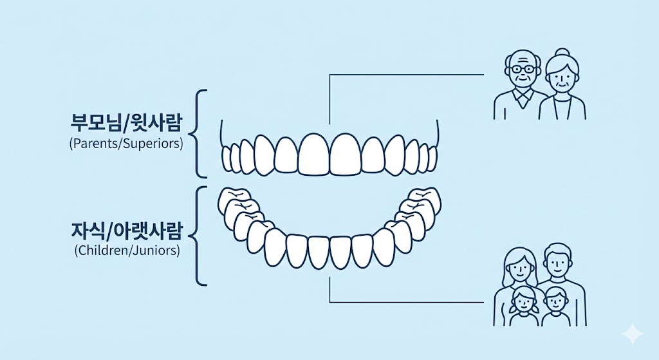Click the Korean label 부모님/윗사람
pos(125,122)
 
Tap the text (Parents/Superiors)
pos(125,143)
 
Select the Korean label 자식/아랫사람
pos(126,230)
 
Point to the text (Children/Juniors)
pos(126,250)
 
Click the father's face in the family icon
pos(555,263)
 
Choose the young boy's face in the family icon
pos(554,301)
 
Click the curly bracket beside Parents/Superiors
pos(200,133)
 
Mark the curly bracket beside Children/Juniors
pos(200,236)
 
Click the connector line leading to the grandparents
pos(405,75)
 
